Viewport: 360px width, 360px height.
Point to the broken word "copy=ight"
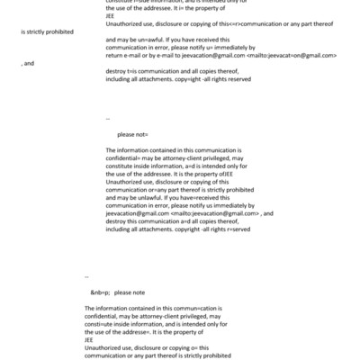(x=202, y=78)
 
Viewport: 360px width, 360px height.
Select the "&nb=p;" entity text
(x=99, y=293)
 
